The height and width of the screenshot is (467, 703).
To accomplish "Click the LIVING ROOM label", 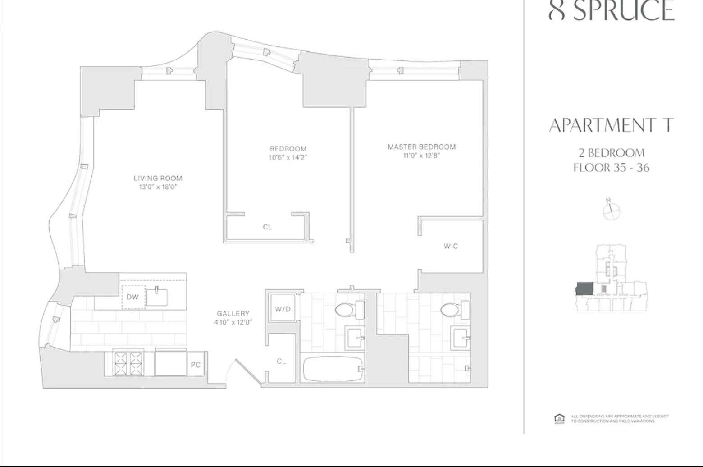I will [x=158, y=178].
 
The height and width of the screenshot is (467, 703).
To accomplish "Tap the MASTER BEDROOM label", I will [x=421, y=147].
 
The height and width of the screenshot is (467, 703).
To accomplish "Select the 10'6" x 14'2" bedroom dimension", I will [x=288, y=157].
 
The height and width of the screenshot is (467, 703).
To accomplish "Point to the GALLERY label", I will [x=233, y=313].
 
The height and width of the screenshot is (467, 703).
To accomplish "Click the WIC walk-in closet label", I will [x=451, y=246].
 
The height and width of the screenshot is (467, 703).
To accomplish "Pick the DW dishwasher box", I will [x=133, y=297].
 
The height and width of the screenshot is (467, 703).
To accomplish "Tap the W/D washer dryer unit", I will [x=283, y=309].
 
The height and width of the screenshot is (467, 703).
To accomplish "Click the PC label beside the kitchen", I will [x=196, y=365].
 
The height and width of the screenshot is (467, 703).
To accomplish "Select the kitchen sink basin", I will [x=157, y=297].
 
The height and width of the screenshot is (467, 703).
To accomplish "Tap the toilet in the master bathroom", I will [x=455, y=310].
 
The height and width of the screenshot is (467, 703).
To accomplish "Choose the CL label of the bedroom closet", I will [x=267, y=227].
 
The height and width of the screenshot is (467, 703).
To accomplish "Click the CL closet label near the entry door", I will [x=281, y=361].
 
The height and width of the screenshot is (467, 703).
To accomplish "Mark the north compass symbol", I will [x=611, y=210].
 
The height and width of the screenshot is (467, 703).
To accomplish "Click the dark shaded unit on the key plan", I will [x=585, y=289].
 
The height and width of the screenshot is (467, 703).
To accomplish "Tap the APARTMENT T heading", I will [x=611, y=125].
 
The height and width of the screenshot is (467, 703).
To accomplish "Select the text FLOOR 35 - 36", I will [x=611, y=168].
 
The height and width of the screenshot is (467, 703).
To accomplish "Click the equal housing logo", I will [x=559, y=418].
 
